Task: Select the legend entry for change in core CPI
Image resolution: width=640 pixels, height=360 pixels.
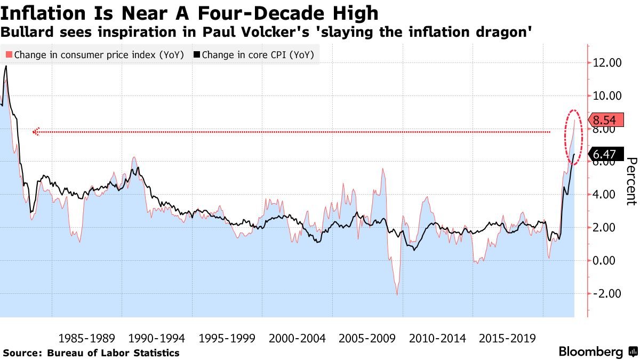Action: [x=253, y=54]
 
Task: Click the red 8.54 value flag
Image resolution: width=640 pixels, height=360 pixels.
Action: [x=604, y=120]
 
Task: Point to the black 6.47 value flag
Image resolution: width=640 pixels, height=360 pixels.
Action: [x=604, y=155]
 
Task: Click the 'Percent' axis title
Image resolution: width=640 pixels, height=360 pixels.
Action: [x=631, y=181]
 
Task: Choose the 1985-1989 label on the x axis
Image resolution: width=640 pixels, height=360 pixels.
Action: [x=87, y=338]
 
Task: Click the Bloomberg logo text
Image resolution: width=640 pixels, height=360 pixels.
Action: [x=590, y=352]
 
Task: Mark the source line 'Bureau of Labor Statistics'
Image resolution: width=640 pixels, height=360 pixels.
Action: [x=113, y=353]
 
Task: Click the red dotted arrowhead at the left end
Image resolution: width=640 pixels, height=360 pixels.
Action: [x=36, y=132]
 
